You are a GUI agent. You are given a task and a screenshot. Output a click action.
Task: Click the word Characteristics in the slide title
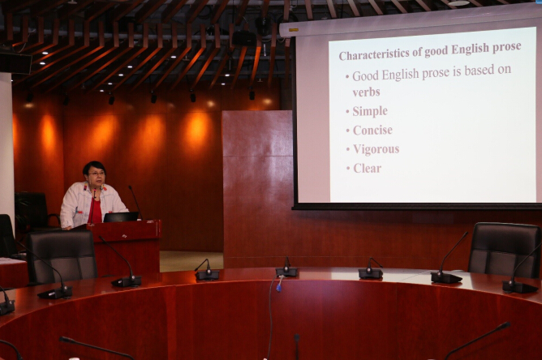click(376, 54)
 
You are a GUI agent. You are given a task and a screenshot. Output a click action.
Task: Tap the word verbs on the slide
click(366, 92)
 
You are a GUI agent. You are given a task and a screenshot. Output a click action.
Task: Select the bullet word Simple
click(370, 111)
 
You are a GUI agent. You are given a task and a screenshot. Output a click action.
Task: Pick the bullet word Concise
click(372, 131)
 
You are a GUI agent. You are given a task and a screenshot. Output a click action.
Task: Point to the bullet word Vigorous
click(376, 149)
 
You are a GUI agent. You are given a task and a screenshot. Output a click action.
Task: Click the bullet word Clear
click(367, 169)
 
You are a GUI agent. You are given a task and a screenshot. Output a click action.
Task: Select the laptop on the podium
click(121, 217)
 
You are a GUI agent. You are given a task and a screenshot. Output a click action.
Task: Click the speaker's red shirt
click(96, 210)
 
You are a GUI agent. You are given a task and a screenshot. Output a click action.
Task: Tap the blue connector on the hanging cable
click(278, 287)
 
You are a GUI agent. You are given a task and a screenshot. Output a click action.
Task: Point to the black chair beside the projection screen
click(505, 250)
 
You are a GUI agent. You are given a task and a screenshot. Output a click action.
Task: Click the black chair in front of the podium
click(62, 256)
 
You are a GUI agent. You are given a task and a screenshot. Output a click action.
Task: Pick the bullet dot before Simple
click(347, 112)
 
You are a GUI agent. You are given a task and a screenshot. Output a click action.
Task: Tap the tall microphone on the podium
click(135, 202)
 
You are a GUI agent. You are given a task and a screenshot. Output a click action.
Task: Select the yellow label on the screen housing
click(294, 30)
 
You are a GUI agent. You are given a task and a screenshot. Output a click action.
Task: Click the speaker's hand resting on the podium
click(68, 228)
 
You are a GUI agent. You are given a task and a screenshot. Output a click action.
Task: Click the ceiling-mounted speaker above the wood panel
click(244, 38)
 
